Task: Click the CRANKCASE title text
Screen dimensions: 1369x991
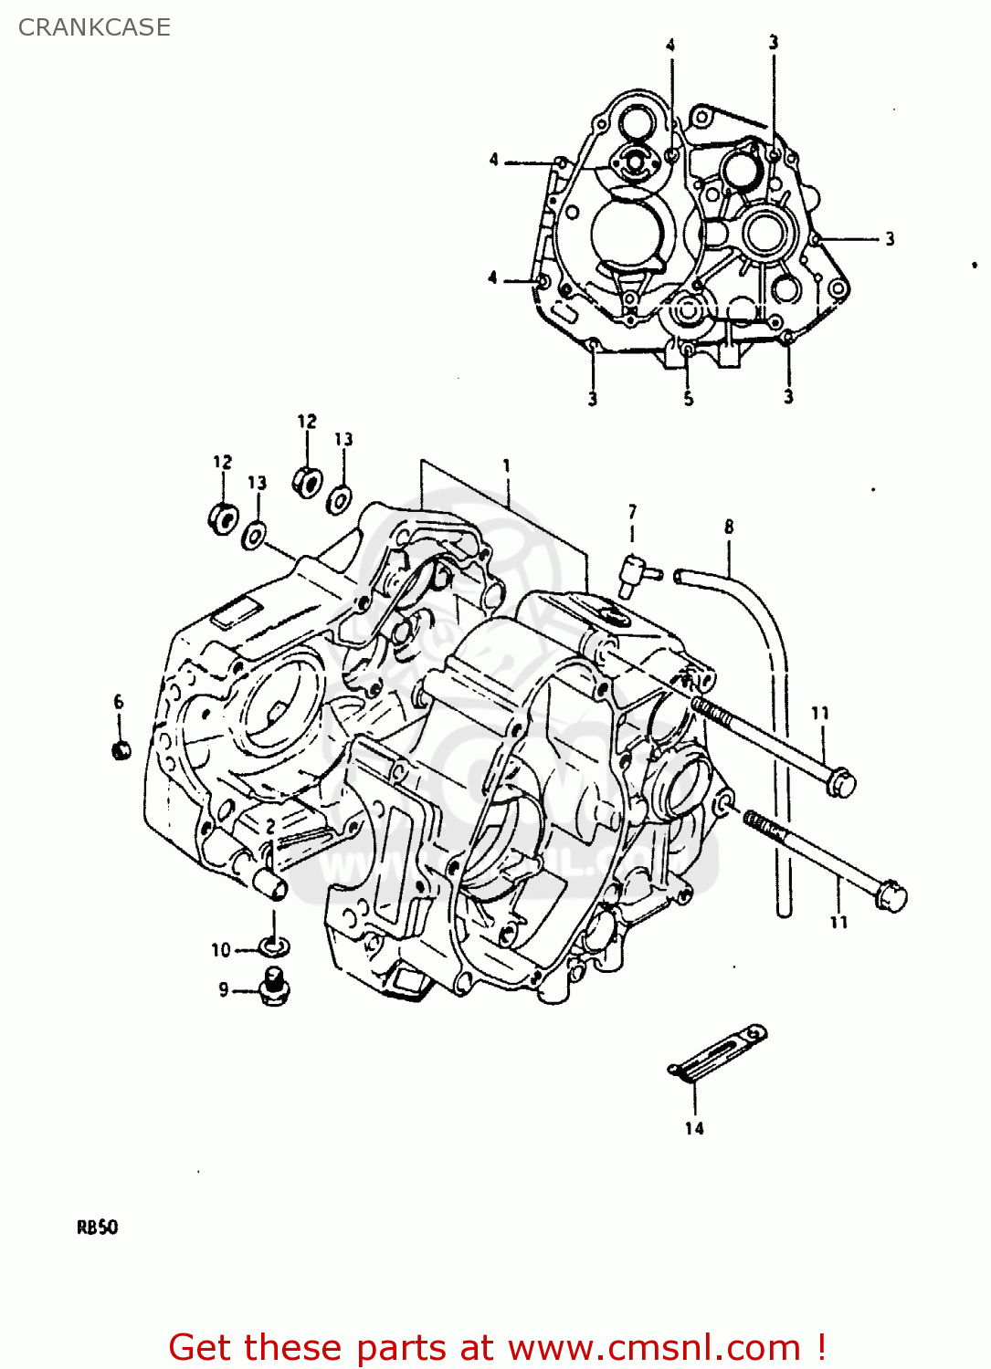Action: point(94,27)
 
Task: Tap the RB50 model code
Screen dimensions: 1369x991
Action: point(97,1228)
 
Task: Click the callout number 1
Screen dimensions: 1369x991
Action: point(507,466)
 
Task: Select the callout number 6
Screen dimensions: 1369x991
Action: point(119,702)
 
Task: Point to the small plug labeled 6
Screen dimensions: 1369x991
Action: point(121,750)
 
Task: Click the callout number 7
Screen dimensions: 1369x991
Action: point(632,512)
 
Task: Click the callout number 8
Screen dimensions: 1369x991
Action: point(729,527)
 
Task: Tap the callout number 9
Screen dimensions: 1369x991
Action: point(224,989)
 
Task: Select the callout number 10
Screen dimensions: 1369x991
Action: point(221,950)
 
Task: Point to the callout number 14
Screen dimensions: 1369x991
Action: point(694,1128)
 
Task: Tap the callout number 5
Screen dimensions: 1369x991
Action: point(689,398)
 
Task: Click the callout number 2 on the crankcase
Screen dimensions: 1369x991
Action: point(270,826)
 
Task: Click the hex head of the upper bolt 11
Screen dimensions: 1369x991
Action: point(841,782)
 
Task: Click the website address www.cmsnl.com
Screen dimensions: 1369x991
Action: point(654,1348)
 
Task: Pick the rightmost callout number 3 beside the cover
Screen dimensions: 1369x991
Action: point(889,239)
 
